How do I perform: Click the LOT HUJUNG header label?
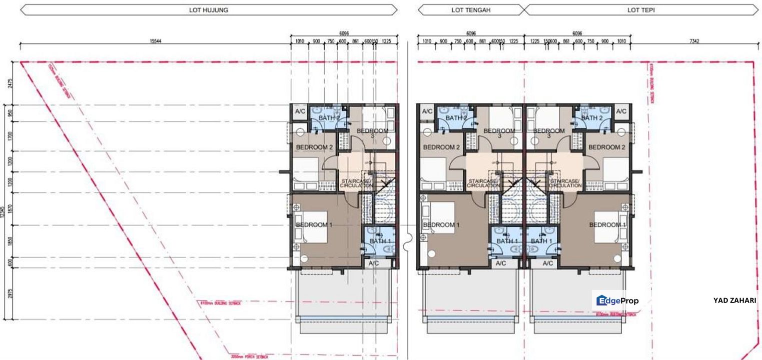coord(209,9)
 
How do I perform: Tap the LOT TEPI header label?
coord(641,9)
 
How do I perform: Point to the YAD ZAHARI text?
coord(734,300)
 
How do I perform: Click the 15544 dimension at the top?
coord(155,41)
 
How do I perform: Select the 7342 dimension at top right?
coord(693,41)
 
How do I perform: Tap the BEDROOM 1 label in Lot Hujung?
coord(314,225)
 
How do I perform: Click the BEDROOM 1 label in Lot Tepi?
coord(607,225)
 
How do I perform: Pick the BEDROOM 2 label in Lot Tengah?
coord(441,147)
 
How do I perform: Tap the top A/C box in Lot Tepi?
coord(621,111)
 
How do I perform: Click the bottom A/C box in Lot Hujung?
coord(373,263)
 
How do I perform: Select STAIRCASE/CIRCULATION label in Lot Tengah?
coord(483,183)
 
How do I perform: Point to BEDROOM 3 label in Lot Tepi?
coord(549,133)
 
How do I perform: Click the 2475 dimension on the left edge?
coord(10,83)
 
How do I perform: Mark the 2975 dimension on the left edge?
coord(10,293)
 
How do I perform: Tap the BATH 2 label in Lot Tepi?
coord(592,118)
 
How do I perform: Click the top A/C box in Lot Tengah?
coord(427,111)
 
